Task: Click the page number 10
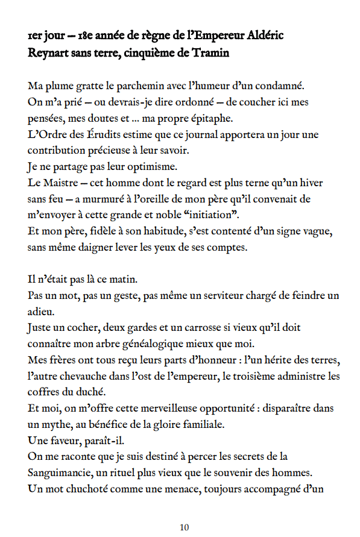(x=185, y=527)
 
